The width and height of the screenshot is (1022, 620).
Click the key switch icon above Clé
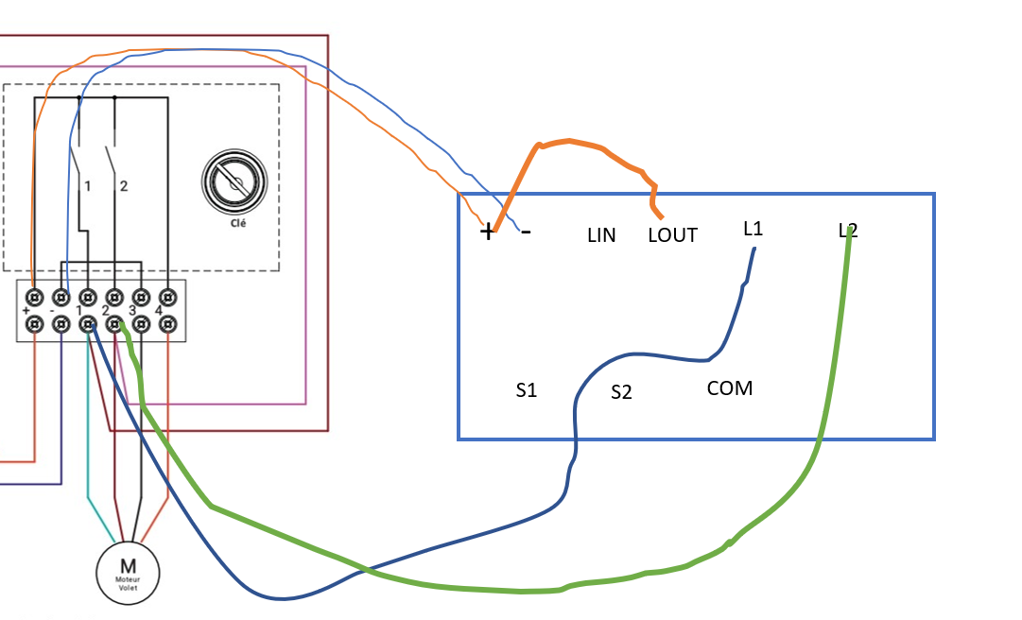pos(234,181)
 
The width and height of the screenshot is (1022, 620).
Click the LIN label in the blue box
pos(601,235)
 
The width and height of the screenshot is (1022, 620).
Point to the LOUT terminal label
pos(672,235)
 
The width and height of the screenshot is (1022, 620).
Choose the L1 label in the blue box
pos(754,229)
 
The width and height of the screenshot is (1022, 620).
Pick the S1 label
pos(527,389)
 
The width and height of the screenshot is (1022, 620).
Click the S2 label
pos(621,392)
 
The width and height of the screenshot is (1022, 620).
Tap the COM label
pos(730,388)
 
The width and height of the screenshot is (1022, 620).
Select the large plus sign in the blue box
pos(488,232)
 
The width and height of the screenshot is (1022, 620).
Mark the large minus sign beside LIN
pos(526,231)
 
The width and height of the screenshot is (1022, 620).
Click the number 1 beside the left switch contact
pos(87,186)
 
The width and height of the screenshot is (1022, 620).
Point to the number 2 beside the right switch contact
pos(123,186)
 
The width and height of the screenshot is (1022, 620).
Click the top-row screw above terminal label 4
pos(167,297)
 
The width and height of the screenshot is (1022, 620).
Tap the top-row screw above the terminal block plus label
pos(35,297)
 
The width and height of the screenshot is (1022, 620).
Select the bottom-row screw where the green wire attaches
pos(114,325)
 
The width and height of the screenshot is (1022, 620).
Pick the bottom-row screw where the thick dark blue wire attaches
pos(88,325)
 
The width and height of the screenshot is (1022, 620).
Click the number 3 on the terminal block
pos(132,311)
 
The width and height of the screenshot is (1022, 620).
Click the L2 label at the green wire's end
pos(848,230)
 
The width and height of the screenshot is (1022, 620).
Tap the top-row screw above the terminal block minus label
pos(61,297)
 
